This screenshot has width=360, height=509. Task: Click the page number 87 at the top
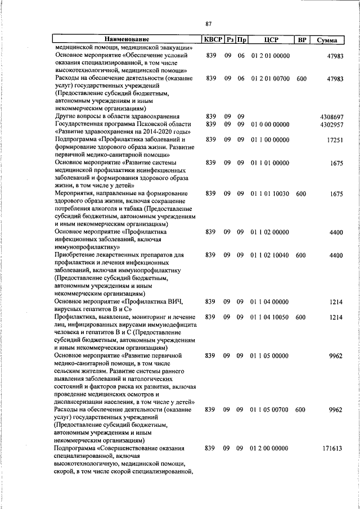[x=209, y=24]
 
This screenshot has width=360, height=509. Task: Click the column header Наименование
[x=127, y=40]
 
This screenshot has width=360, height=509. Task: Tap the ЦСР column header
[x=270, y=40]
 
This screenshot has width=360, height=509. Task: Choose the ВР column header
[x=301, y=40]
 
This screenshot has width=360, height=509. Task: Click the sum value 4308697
[x=331, y=116]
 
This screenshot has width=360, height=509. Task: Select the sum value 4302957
[x=331, y=124]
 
